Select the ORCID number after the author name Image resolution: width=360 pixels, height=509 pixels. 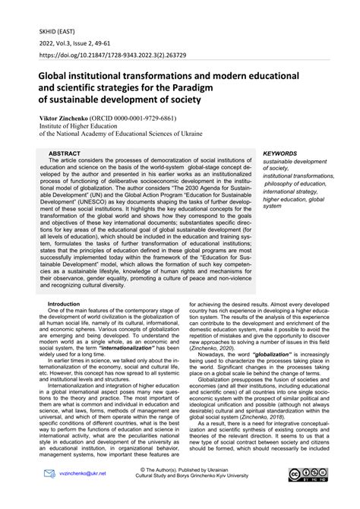point(133,121)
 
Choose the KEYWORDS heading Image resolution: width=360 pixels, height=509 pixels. point(283,153)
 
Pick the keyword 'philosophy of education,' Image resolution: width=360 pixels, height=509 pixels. point(294,184)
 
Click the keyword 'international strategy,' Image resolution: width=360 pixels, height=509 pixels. point(290,192)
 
